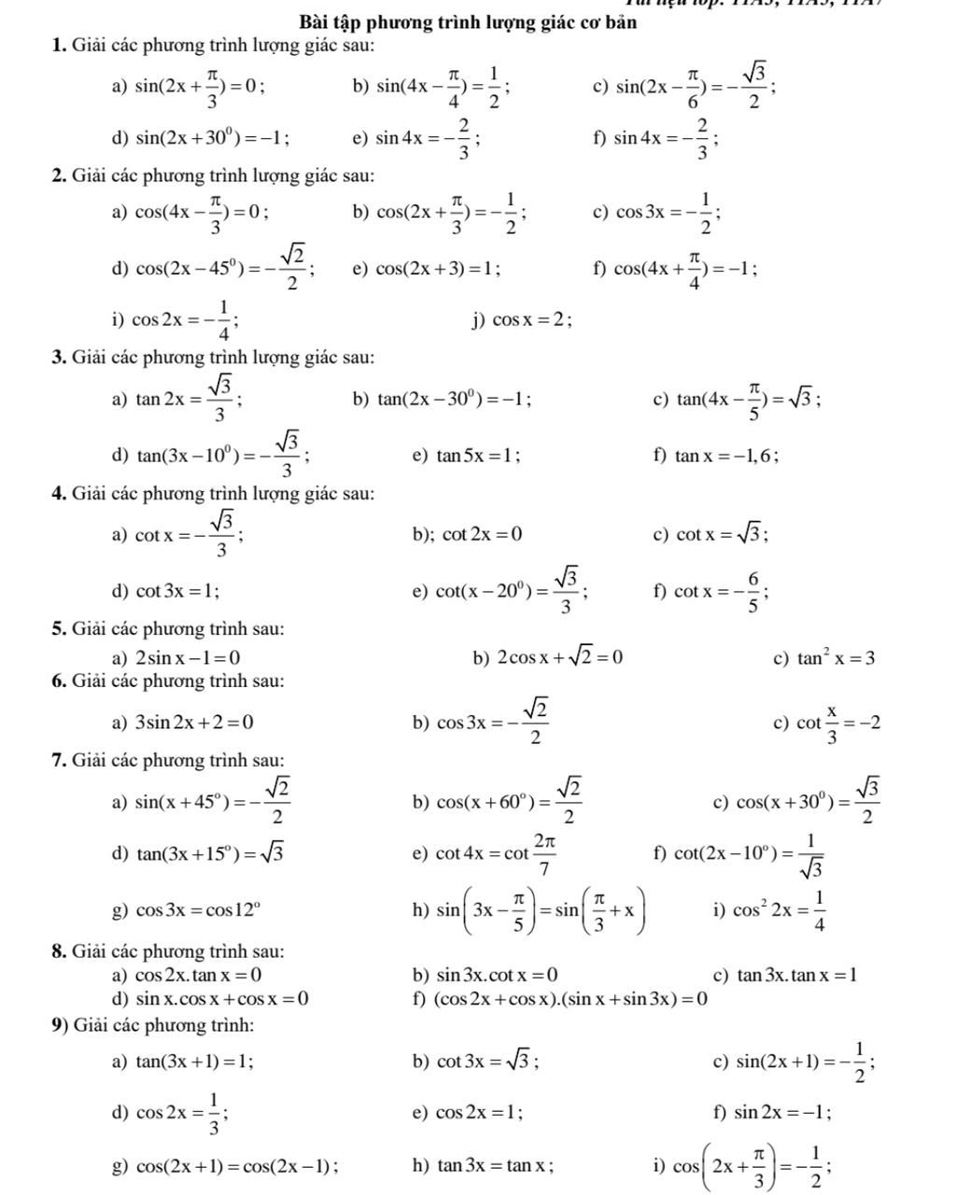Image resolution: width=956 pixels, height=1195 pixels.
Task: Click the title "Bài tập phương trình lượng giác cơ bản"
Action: tap(468, 21)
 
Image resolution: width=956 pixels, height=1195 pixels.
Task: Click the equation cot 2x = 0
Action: tap(482, 534)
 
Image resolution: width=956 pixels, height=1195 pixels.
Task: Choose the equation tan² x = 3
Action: tap(836, 657)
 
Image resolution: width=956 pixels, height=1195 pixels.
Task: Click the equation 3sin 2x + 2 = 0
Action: tap(194, 722)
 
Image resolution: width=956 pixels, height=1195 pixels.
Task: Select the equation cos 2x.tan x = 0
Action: tap(198, 976)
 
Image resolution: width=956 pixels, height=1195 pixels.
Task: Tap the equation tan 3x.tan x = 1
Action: tap(796, 976)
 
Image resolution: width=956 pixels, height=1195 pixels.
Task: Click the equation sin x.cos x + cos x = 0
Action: tap(222, 999)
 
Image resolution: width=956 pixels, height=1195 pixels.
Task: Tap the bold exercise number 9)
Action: tap(61, 1025)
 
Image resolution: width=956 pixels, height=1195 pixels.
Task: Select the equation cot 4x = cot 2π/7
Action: tap(498, 853)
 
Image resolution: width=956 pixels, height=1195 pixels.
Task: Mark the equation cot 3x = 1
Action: tap(177, 590)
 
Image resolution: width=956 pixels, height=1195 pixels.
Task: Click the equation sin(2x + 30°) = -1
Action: tap(212, 139)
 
